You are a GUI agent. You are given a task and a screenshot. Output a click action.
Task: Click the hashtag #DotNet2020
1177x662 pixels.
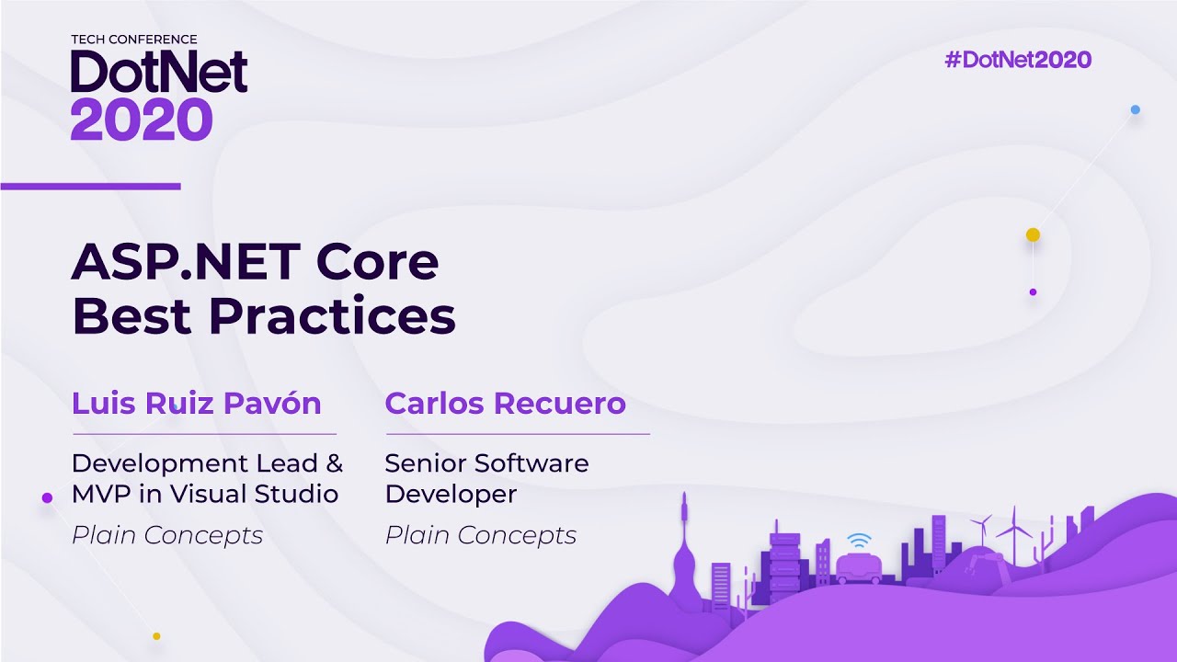1018,61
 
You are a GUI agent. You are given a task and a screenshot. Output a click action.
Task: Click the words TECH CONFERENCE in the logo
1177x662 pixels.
134,40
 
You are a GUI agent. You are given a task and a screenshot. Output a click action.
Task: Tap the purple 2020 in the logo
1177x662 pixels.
142,119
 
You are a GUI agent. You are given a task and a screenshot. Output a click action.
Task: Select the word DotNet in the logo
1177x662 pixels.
159,73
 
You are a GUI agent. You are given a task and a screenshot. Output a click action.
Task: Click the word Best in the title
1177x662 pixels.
132,315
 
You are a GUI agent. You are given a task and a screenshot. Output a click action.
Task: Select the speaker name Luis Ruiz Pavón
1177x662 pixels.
197,403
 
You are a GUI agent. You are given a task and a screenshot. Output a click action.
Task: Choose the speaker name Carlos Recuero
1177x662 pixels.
505,403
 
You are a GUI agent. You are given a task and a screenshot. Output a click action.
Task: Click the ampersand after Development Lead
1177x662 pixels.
334,462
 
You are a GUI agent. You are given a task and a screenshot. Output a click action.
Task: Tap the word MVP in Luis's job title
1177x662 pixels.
102,494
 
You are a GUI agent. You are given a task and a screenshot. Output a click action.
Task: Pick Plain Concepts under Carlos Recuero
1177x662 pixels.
480,535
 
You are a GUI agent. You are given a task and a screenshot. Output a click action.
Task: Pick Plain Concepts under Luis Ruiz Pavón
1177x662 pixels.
167,535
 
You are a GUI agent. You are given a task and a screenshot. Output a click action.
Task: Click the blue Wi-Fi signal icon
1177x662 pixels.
858,540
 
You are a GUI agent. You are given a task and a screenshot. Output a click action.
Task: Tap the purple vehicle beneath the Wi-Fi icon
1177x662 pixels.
858,568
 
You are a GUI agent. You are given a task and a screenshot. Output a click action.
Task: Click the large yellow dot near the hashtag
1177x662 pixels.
1033,235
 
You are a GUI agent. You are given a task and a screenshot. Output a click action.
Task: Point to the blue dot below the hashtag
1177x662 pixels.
1135,109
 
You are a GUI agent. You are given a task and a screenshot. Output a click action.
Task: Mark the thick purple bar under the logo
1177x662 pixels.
90,187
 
